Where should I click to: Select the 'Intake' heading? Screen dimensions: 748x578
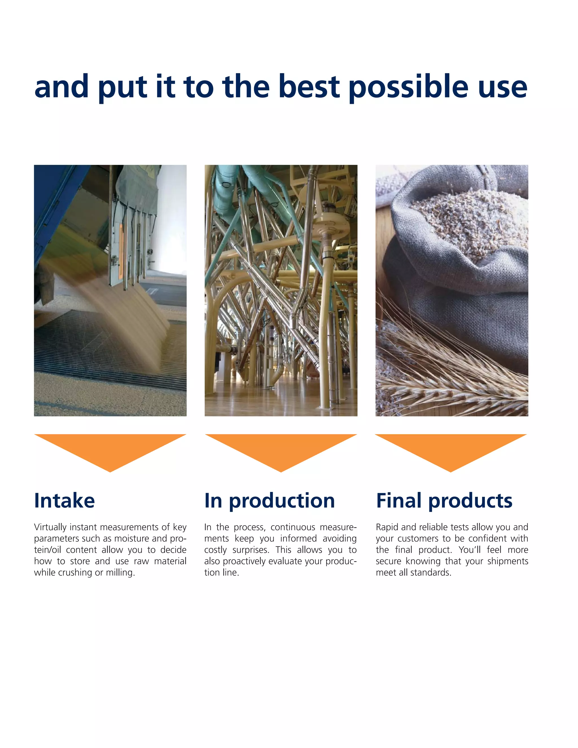(x=64, y=501)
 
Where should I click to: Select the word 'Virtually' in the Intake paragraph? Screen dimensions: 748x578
(x=50, y=527)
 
